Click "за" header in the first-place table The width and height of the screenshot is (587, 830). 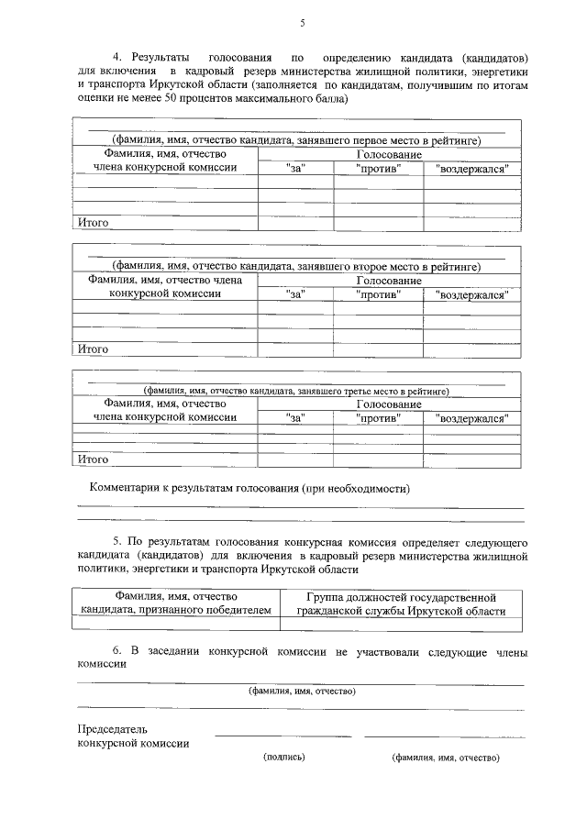click(294, 169)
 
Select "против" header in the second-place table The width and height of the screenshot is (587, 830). click(378, 293)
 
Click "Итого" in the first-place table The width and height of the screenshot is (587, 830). click(93, 222)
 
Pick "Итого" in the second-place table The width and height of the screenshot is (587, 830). click(93, 349)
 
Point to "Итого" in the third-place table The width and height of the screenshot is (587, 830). click(93, 459)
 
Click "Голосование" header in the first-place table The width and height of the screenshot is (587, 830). click(389, 155)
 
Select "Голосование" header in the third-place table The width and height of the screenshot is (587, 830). click(389, 404)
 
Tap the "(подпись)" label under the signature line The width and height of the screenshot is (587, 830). click(283, 758)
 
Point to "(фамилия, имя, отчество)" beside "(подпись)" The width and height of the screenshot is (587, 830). click(445, 758)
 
